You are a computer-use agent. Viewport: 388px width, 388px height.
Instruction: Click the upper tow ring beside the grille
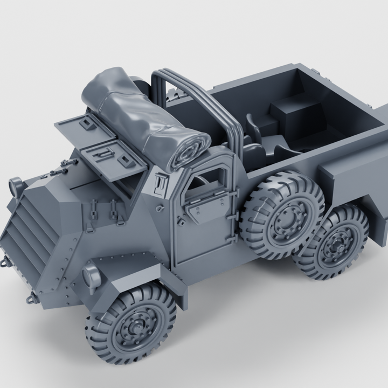[7, 262]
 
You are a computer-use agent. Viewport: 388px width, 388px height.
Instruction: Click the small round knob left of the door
[159, 208]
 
